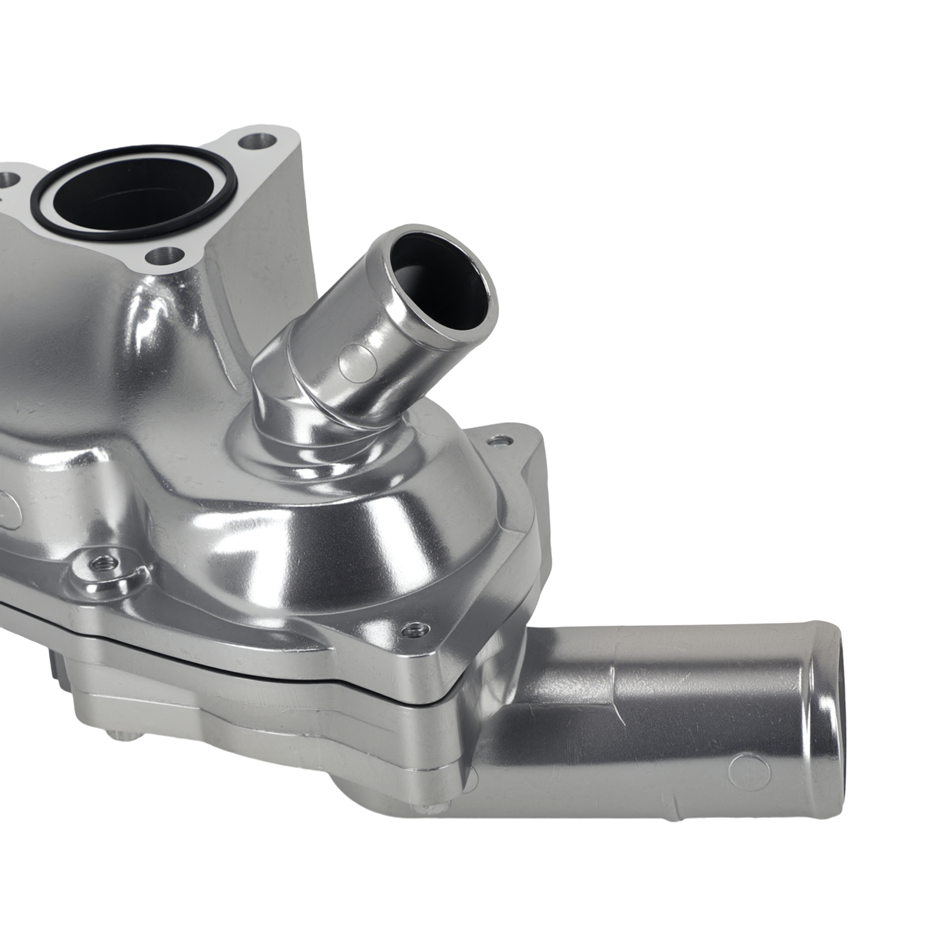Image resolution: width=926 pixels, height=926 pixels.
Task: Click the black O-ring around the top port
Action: tap(133, 232)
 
